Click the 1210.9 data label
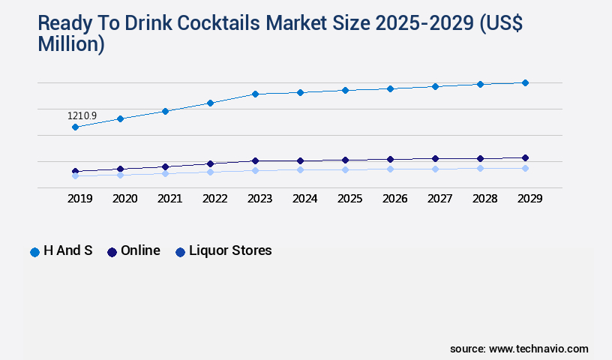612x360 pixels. point(82,116)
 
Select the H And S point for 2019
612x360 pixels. point(75,127)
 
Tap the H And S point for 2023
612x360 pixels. point(255,94)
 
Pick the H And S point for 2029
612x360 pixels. point(525,82)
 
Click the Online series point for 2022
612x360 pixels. point(210,163)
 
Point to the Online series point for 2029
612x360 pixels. point(525,157)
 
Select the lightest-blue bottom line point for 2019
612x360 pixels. point(75,176)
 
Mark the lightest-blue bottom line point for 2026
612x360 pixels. point(390,169)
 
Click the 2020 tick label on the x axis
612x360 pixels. point(124,199)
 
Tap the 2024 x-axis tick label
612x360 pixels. point(304,199)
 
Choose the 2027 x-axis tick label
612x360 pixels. point(439,199)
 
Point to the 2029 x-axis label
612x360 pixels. point(529,199)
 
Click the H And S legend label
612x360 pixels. point(67,250)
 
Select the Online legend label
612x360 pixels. point(140,250)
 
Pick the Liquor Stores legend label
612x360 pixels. point(230,250)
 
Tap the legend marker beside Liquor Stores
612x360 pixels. point(180,252)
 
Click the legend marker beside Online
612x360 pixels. point(112,252)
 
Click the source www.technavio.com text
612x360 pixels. point(519,349)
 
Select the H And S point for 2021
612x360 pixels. point(165,111)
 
